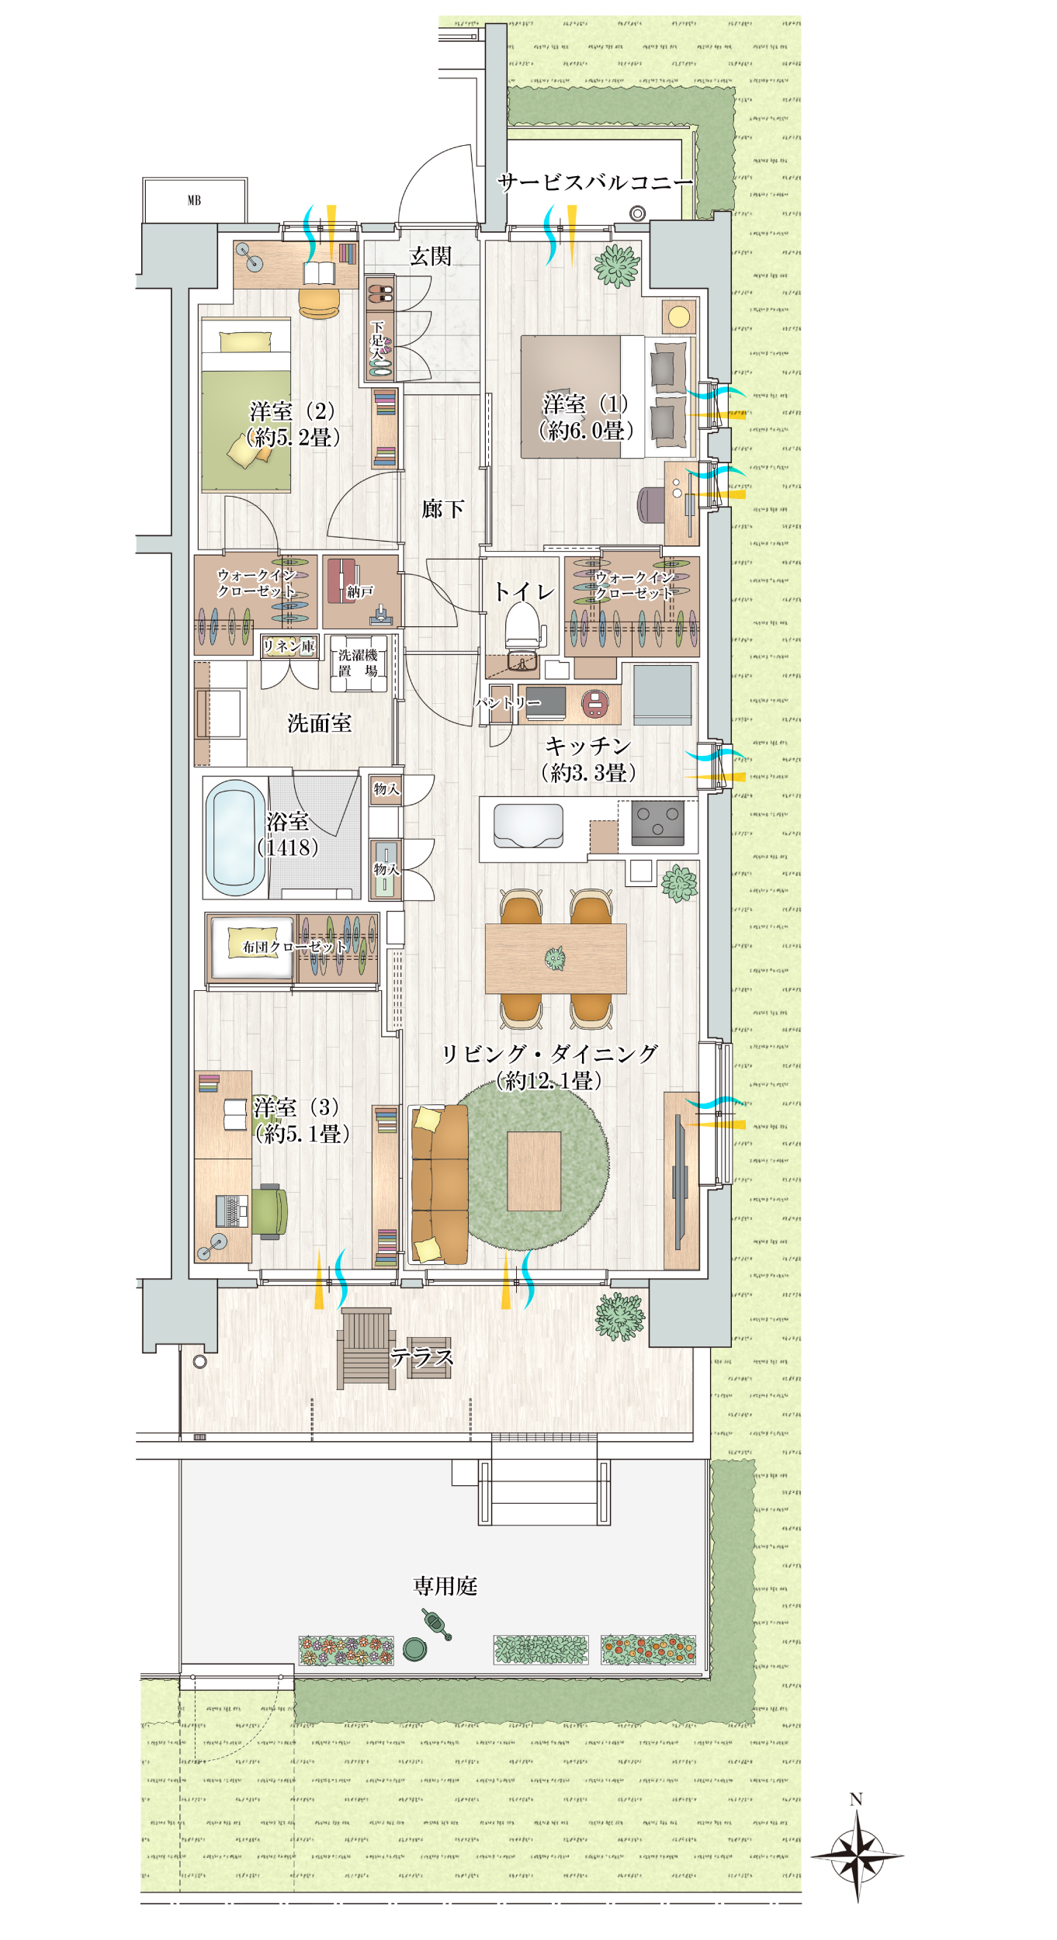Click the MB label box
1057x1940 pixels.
pos(195,200)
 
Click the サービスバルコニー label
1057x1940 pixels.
pos(595,183)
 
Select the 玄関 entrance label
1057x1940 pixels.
pos(430,257)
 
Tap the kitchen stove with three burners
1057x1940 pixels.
pos(658,823)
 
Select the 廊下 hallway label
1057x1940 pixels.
pos(443,509)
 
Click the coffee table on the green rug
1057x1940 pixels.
pos(534,1171)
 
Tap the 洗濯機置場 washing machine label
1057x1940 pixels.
pos(358,663)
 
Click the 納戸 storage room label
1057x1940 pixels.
pos(360,592)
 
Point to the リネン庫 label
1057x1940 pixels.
pos(289,646)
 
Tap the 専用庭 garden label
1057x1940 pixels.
pos(445,1586)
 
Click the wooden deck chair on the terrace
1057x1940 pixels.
pos(366,1349)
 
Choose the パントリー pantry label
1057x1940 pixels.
pos(508,703)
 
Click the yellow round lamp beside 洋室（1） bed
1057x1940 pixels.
pos(679,317)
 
